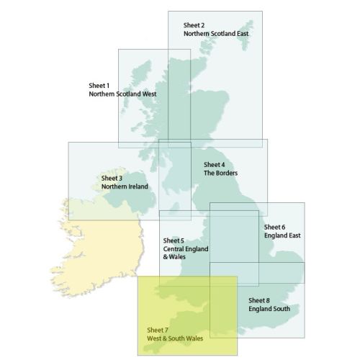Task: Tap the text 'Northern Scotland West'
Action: [x=122, y=94]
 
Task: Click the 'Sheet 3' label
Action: [x=112, y=178]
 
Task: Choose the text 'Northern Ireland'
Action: [x=125, y=186]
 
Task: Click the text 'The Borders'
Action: [x=220, y=173]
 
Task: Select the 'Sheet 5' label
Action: [x=174, y=240]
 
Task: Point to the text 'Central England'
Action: [x=186, y=249]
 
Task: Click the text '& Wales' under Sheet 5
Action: [x=175, y=257]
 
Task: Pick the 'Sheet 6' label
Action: [x=274, y=226]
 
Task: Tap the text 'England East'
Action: [x=282, y=235]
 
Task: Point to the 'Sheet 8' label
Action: [x=259, y=300]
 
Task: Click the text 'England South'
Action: [x=269, y=308]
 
